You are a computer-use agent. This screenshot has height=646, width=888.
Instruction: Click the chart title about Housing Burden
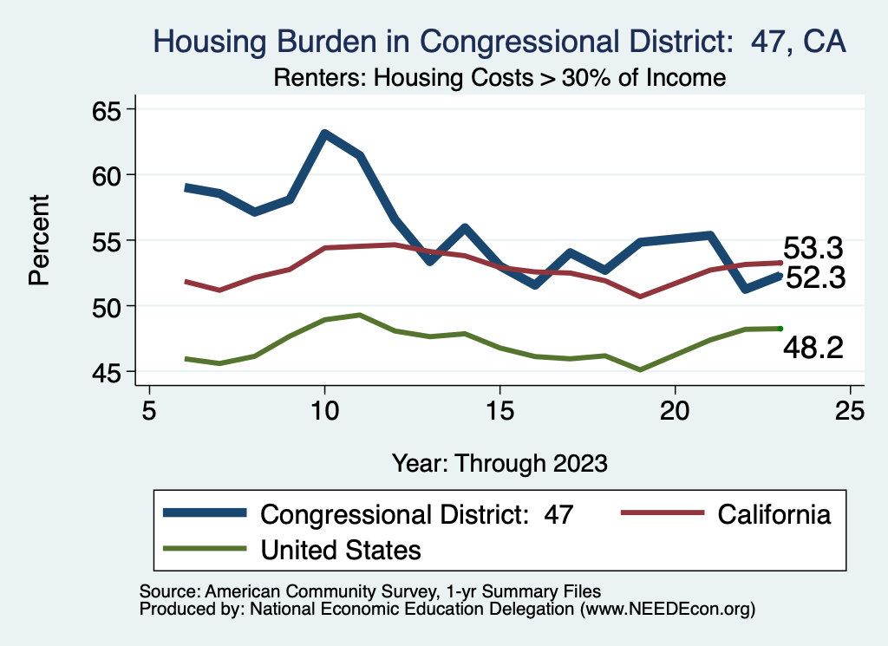click(x=499, y=42)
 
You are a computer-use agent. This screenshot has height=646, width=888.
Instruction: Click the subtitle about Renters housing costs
click(x=499, y=78)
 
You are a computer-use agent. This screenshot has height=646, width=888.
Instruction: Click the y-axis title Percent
click(x=38, y=240)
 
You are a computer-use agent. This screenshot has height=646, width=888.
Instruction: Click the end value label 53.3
click(x=813, y=249)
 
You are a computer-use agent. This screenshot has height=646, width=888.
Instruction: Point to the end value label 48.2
click(x=813, y=349)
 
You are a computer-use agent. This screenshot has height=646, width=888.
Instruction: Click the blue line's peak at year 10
click(x=324, y=134)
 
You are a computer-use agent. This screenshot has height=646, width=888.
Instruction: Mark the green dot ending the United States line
click(x=780, y=329)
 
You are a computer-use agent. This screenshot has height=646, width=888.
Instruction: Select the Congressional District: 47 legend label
click(x=417, y=514)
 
